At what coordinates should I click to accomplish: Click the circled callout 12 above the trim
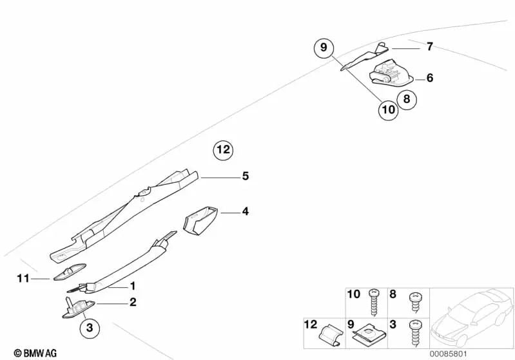click(222, 150)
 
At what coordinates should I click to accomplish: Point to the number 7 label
click(429, 47)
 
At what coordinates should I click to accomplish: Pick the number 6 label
click(429, 78)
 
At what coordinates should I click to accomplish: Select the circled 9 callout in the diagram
click(325, 48)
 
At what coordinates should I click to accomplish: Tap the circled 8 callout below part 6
click(407, 99)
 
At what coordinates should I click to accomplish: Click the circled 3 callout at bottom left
click(90, 328)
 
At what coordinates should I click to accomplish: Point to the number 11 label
click(23, 278)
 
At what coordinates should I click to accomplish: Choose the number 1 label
click(133, 285)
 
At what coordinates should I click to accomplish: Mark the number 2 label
click(133, 301)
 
